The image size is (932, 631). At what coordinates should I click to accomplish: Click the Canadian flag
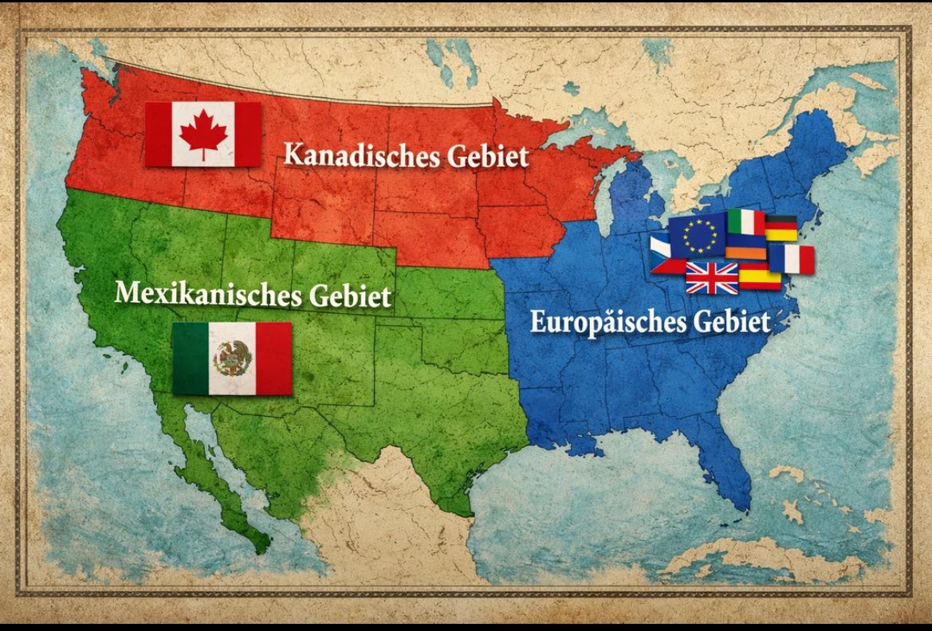[203, 134]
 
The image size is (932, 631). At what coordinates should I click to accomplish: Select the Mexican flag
[232, 359]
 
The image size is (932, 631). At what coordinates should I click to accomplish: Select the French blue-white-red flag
[791, 259]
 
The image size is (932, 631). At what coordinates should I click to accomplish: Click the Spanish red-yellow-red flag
[758, 276]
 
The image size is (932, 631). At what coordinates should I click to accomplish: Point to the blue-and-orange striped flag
[745, 246]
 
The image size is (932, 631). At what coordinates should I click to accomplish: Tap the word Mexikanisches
[206, 294]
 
